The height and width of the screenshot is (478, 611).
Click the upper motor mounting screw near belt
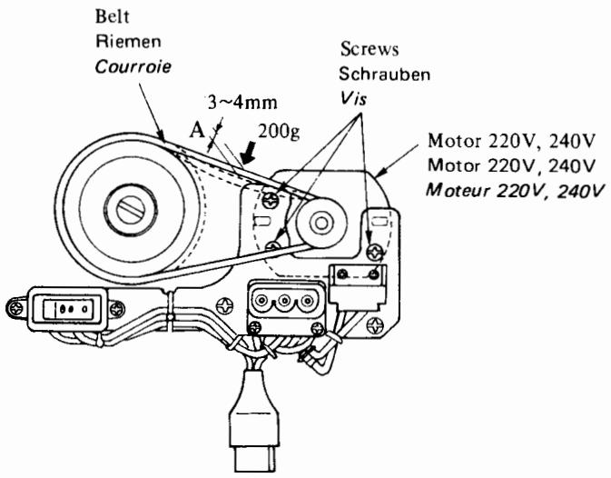coord(271,196)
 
